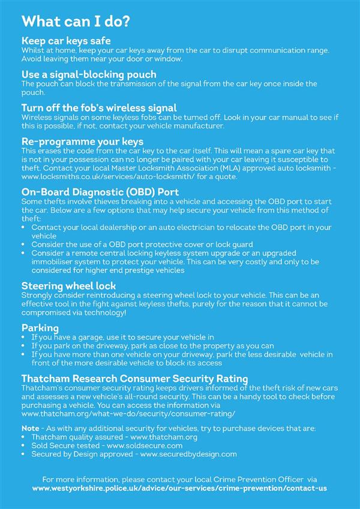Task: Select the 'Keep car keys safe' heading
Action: tap(66, 41)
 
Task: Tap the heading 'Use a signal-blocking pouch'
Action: tap(89, 74)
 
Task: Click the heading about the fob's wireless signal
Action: tap(99, 107)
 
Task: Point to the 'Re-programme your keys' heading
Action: tap(82, 142)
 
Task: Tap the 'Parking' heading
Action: tap(40, 328)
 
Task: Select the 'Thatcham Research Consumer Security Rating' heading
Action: tap(134, 379)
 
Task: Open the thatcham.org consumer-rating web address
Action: tap(128, 414)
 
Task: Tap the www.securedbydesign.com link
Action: tap(188, 454)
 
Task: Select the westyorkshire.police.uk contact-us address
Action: tap(180, 489)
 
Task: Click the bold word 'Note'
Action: tap(30, 429)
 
